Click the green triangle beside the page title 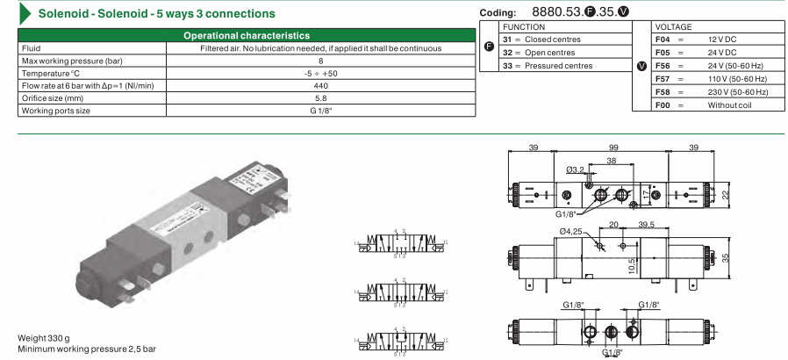[x=26, y=13]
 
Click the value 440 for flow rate [x=320, y=86]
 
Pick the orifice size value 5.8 [x=320, y=98]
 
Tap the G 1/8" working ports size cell [x=320, y=112]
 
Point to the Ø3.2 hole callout [x=576, y=169]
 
